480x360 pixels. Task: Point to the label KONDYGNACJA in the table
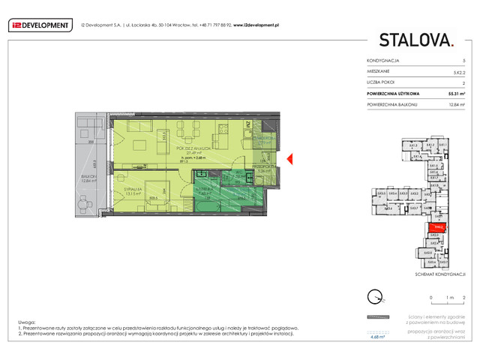(382, 59)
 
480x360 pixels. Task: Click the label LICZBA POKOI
(381, 82)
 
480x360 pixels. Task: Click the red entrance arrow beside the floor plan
(293, 157)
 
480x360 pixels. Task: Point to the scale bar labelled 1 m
(442, 298)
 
